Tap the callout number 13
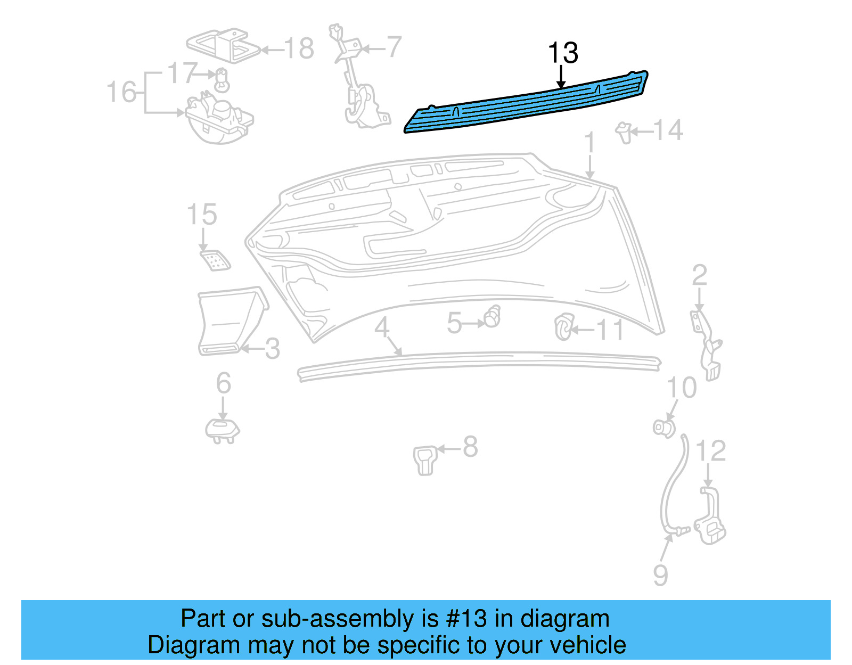coord(562,53)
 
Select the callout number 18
coord(299,49)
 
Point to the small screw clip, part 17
coord(222,80)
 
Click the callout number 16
coord(121,92)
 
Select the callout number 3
coord(272,349)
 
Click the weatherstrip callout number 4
coord(382,327)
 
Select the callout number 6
coord(223,383)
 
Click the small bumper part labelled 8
coord(425,459)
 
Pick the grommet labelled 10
coord(664,427)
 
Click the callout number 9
coord(660,575)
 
